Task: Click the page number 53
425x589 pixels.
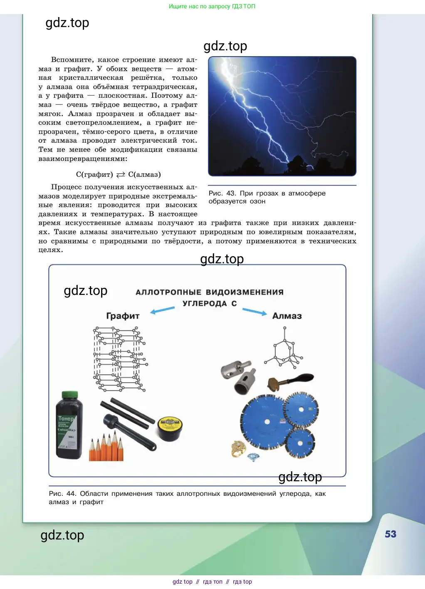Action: [x=390, y=534]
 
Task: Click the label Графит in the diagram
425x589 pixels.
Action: [x=123, y=316]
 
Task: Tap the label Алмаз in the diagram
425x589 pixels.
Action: [x=287, y=316]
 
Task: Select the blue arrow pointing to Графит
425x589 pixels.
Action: [x=162, y=310]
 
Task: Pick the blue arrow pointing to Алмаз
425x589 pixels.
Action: [x=255, y=312]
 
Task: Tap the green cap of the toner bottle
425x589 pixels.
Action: [x=69, y=395]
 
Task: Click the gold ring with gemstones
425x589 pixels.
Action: [x=238, y=449]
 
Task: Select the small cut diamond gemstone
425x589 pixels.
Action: [x=253, y=457]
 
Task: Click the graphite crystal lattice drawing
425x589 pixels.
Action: [x=119, y=359]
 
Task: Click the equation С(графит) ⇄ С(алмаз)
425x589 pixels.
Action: [x=119, y=175]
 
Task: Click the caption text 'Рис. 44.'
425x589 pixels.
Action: [x=62, y=494]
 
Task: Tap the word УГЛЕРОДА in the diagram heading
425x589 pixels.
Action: [x=205, y=304]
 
